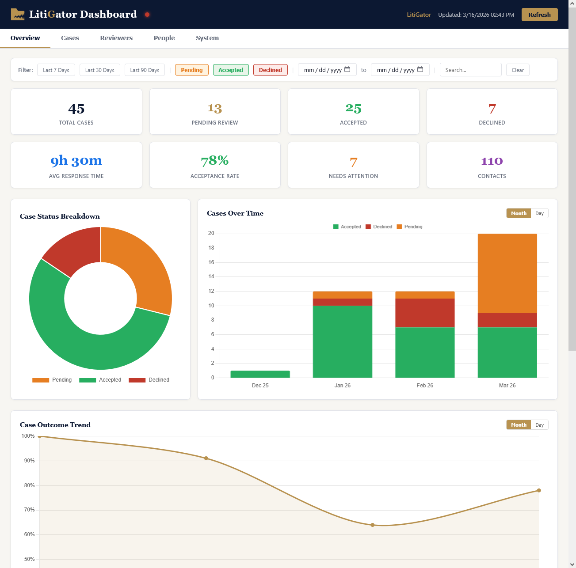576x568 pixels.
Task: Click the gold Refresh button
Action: pos(539,15)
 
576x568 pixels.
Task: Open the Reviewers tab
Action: pos(116,38)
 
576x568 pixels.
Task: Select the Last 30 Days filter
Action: pos(99,70)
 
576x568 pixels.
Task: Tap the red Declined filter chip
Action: pos(270,70)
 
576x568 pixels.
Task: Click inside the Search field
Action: pos(470,70)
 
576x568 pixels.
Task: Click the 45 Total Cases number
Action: pos(76,109)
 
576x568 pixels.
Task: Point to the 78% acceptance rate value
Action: pos(215,161)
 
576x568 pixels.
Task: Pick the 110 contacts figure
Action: pos(492,161)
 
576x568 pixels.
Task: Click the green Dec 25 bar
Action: pos(260,374)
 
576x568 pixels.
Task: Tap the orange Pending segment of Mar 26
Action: pos(507,273)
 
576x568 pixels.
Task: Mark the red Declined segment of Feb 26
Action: pos(424,313)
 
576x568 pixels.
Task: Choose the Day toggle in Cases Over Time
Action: pos(539,213)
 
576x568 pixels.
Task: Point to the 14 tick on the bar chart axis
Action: pos(211,276)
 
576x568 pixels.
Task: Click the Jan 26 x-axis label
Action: pos(342,386)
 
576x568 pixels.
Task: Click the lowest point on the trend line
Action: pos(372,525)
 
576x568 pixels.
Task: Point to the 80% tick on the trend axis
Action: pos(29,485)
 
